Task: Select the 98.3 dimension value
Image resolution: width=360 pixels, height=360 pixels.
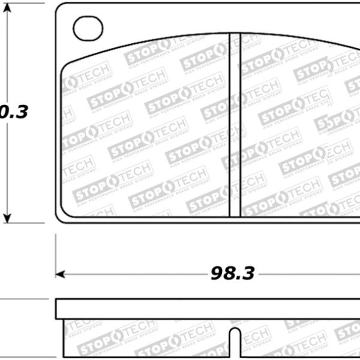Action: point(232,274)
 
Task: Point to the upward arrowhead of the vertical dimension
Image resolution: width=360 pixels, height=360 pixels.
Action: point(8,13)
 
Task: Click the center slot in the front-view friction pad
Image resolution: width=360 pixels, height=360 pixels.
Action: point(235,125)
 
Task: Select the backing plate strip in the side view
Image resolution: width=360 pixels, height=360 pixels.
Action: point(204,308)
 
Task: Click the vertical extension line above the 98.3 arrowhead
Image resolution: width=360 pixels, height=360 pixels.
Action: point(56,252)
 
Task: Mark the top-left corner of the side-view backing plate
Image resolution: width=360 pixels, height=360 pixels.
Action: point(56,299)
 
